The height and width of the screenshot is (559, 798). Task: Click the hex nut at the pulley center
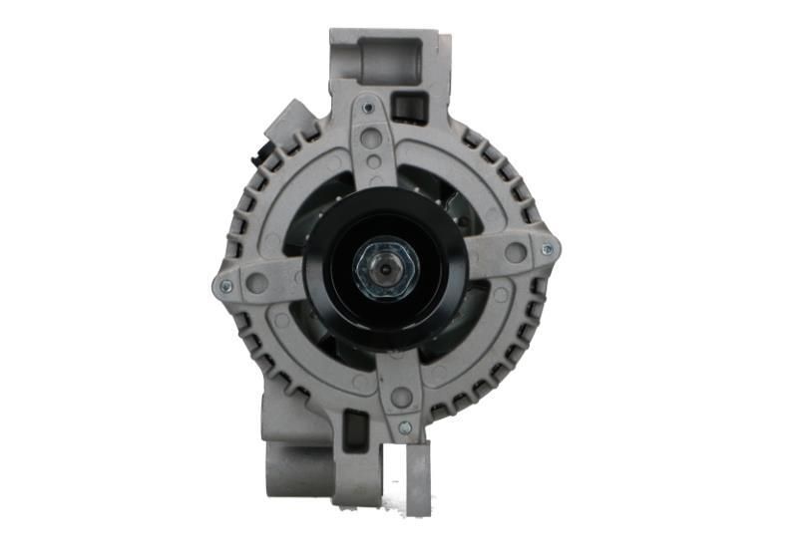pyautogui.click(x=384, y=269)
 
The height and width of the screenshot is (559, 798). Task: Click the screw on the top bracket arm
pyautogui.click(x=369, y=108)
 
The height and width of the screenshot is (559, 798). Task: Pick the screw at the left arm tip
pyautogui.click(x=224, y=286)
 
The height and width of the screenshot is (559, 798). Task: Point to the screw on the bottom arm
pyautogui.click(x=404, y=427)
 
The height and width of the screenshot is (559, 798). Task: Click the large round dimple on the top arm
pyautogui.click(x=373, y=140)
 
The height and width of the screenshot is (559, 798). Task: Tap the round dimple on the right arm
pyautogui.click(x=515, y=253)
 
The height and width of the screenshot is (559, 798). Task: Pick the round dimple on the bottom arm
pyautogui.click(x=401, y=397)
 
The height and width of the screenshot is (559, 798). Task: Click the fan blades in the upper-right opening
pyautogui.click(x=454, y=204)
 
